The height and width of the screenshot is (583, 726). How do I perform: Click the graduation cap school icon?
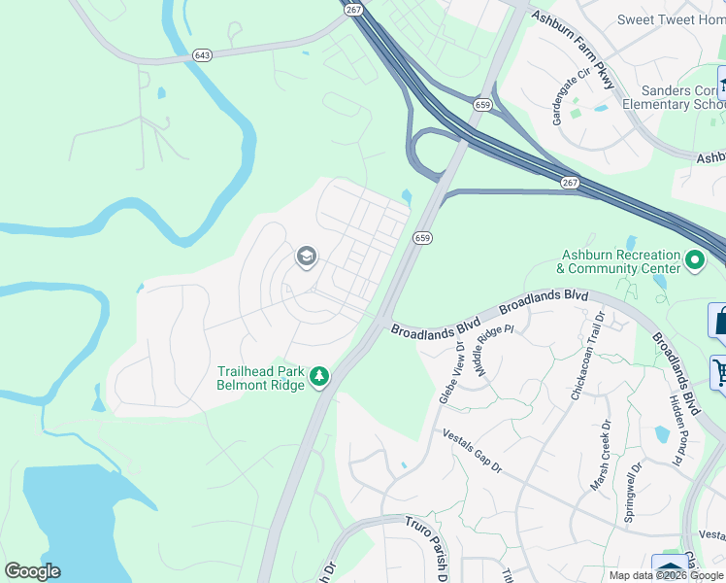pyautogui.click(x=306, y=257)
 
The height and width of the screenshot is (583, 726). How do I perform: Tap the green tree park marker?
pyautogui.click(x=318, y=376)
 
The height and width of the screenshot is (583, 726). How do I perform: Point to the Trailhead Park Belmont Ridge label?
pyautogui.click(x=260, y=377)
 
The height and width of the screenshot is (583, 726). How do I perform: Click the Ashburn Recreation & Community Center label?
pyautogui.click(x=620, y=261)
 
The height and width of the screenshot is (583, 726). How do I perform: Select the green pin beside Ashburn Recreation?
pyautogui.click(x=695, y=260)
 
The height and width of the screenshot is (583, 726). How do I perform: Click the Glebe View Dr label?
pyautogui.click(x=451, y=370)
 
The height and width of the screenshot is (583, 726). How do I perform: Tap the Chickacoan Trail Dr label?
pyautogui.click(x=588, y=357)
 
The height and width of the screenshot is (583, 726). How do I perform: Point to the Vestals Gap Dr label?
pyautogui.click(x=472, y=452)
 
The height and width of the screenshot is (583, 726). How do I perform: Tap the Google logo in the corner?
pyautogui.click(x=32, y=571)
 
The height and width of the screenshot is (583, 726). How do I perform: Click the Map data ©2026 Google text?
pyautogui.click(x=666, y=575)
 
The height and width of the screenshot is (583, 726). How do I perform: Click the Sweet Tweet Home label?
pyautogui.click(x=671, y=19)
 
